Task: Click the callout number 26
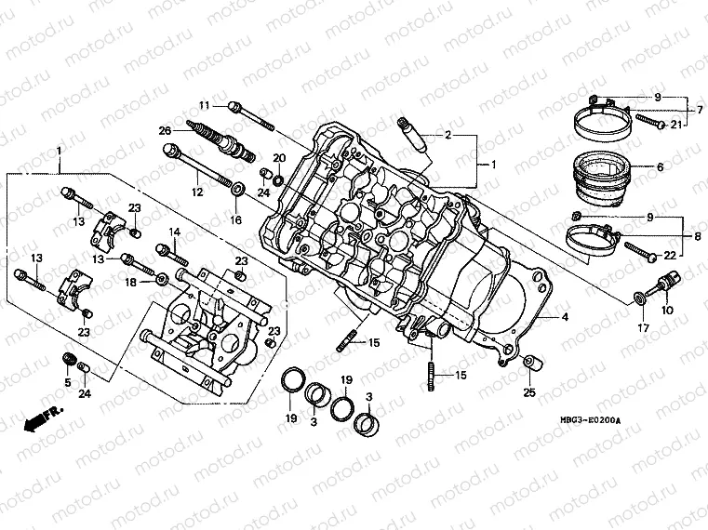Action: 165,131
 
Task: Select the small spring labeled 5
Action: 67,360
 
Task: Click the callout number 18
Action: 131,281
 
